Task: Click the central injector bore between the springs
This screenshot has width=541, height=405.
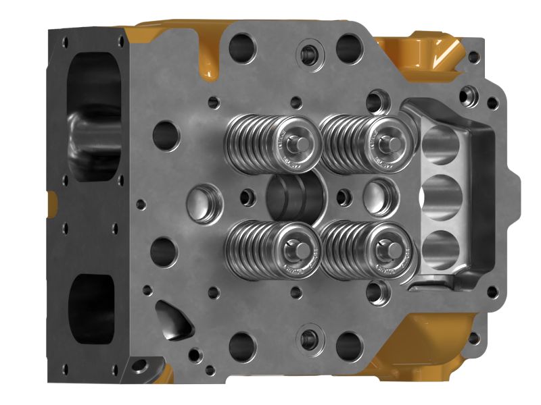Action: (x=296, y=195)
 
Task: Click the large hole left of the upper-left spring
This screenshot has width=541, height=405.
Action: (x=165, y=134)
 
